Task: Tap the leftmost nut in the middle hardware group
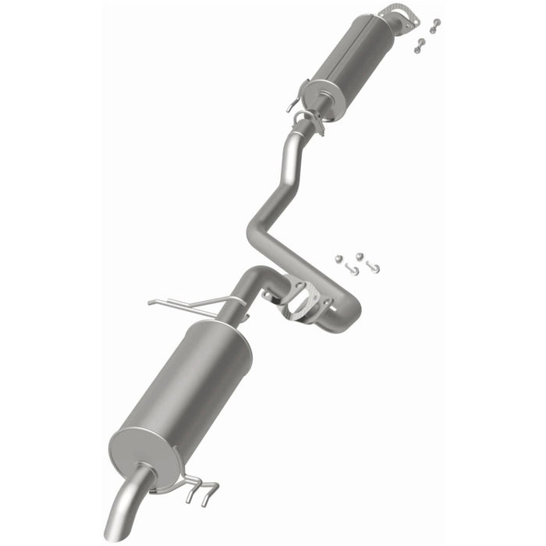(x=338, y=258)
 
